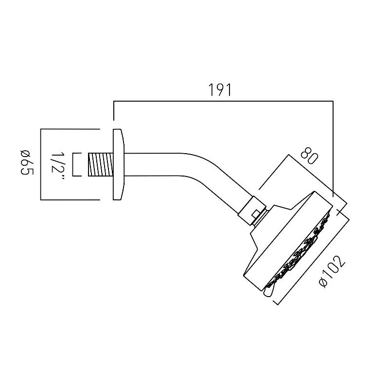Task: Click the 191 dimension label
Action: (220, 90)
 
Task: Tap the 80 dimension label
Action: (309, 156)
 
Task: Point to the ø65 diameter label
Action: (27, 162)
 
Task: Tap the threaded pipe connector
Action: (101, 165)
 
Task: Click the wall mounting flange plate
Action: (118, 164)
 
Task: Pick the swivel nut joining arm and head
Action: (252, 211)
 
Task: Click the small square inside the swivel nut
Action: (256, 213)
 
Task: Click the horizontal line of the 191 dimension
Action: (223, 101)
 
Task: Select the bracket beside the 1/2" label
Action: (77, 165)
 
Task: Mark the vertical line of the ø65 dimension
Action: (41, 164)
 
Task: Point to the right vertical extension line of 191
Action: (333, 149)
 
